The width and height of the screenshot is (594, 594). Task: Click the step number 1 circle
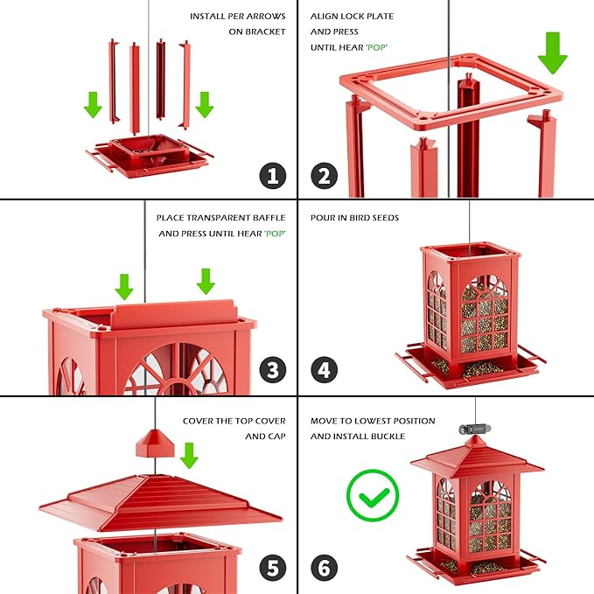[272, 175]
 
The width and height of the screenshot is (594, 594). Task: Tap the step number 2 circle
[324, 175]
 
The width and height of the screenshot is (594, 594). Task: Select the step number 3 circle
[272, 370]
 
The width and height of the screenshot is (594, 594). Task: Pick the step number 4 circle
[324, 370]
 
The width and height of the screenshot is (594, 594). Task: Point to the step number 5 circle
[272, 568]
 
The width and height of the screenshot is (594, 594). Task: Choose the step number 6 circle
[324, 568]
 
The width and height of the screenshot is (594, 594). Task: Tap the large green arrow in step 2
[552, 53]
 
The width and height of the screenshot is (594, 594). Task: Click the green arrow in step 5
[188, 455]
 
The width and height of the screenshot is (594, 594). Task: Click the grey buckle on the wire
[472, 430]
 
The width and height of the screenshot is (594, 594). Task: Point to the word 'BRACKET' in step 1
[263, 31]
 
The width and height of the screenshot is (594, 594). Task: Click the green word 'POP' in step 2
[376, 47]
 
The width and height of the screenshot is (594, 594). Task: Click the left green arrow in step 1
[93, 105]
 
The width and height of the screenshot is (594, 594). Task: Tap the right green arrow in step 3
[206, 281]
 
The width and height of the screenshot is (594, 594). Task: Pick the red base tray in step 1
[149, 157]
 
